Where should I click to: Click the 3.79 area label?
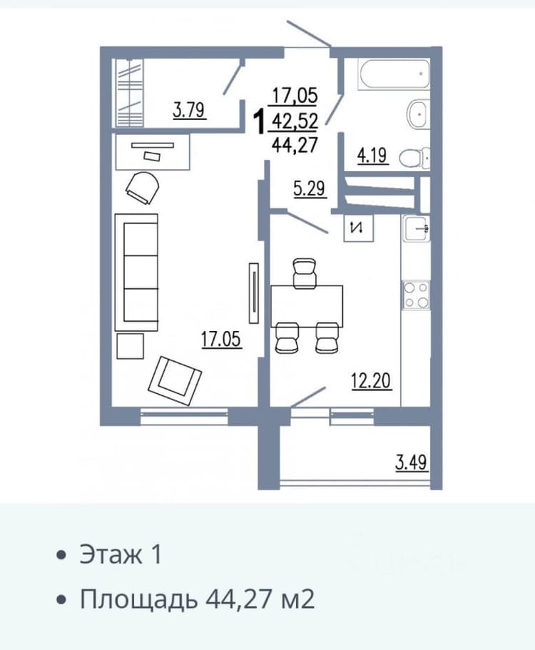189,111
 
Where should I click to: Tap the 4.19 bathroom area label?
372,156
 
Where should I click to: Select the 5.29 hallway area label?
310,189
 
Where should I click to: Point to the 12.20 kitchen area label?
371,381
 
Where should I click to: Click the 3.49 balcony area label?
411,462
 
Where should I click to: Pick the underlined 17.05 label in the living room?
221,340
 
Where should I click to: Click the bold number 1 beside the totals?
260,121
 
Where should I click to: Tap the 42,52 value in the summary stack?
295,121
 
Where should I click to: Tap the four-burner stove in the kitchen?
416,295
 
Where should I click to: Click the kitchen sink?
417,228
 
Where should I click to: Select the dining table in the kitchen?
307,306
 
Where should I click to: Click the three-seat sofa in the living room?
136,273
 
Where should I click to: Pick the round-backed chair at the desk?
143,188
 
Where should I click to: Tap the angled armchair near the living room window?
175,380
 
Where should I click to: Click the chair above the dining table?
305,273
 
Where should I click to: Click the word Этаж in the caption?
111,554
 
